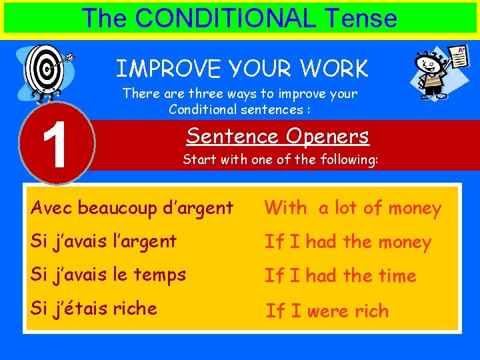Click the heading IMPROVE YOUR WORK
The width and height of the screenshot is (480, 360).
(242, 69)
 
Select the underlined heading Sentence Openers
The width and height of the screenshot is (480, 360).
(277, 136)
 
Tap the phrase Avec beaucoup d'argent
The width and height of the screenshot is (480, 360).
(132, 207)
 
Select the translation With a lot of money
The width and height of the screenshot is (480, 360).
(353, 208)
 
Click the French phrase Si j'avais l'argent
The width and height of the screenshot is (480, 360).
(103, 241)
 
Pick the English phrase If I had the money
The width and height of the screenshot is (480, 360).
(347, 242)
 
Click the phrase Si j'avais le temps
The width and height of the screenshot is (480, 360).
(108, 274)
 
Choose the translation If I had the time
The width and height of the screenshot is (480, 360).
(340, 275)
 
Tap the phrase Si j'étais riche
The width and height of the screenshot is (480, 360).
(93, 308)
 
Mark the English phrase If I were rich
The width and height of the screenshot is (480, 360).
(327, 311)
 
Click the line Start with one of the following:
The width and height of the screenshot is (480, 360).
(281, 160)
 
